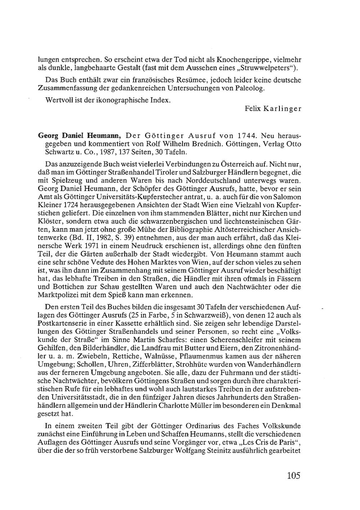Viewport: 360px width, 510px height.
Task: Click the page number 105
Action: point(293,475)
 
